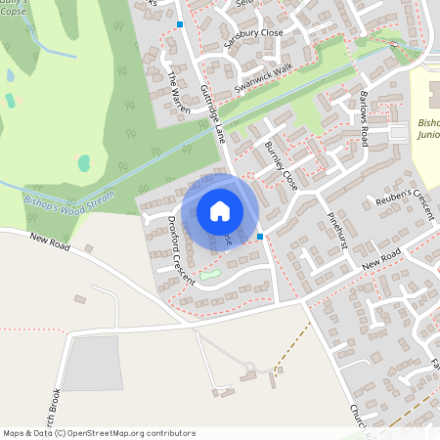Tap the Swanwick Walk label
coord(256,77)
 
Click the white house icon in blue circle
coord(220,210)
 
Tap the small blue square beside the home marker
coord(260,236)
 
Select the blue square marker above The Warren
coord(181,23)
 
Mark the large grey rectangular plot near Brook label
coord(90,363)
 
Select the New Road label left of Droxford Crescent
coord(51,242)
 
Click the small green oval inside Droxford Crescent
coord(210,275)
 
